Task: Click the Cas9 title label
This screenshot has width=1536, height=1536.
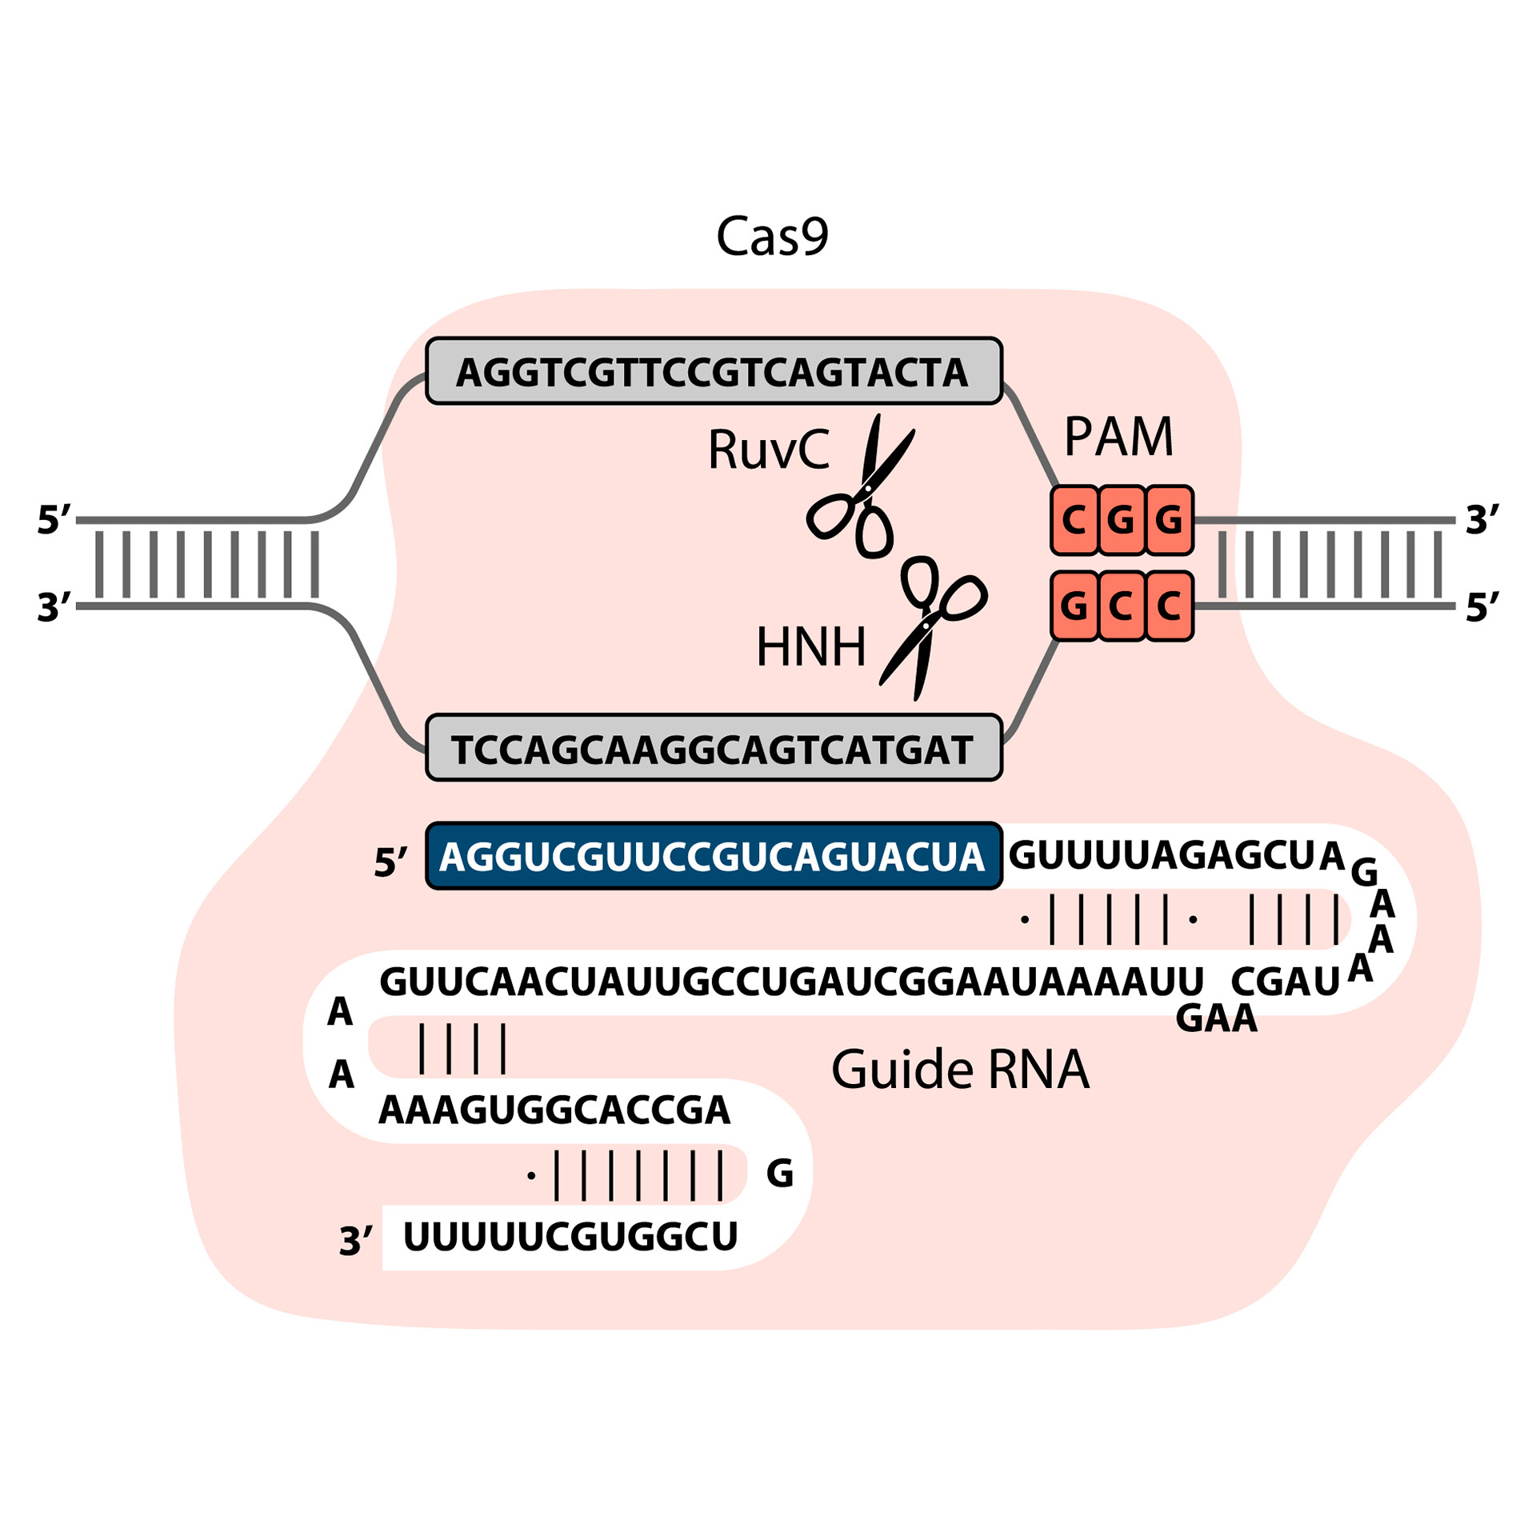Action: tap(771, 237)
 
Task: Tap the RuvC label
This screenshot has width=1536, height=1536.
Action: tap(768, 450)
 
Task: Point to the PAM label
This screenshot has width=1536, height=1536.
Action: tap(1118, 438)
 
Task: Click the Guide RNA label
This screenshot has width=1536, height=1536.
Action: tap(960, 1070)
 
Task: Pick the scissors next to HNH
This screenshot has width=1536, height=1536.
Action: tap(932, 625)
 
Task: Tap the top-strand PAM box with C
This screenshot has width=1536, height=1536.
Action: tap(1074, 521)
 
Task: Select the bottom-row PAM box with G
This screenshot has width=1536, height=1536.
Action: tap(1074, 606)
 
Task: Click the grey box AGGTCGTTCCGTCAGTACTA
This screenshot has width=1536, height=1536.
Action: tap(714, 371)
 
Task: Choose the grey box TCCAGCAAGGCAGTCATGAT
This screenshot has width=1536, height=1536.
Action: tap(714, 748)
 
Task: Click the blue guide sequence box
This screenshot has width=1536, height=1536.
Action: tap(714, 856)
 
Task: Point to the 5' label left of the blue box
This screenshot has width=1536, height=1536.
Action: tap(390, 862)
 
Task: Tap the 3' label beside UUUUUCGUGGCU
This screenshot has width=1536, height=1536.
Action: tap(355, 1242)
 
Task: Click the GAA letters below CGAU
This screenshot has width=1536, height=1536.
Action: tap(1216, 1018)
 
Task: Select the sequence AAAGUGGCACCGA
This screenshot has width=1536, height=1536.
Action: tap(554, 1110)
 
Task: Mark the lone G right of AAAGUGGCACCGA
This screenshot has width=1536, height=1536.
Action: tap(780, 1174)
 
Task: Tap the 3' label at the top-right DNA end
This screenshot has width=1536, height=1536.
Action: tap(1482, 520)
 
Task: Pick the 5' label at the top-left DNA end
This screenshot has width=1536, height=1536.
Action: tap(54, 520)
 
